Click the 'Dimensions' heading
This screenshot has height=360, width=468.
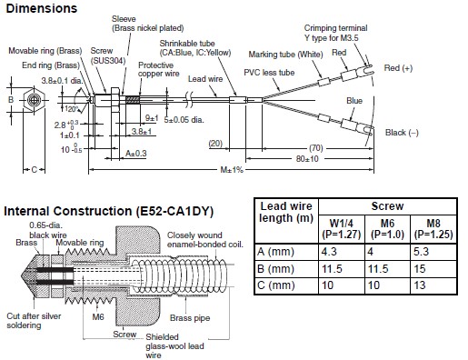[x=42, y=8]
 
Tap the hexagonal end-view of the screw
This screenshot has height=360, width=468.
[x=34, y=100]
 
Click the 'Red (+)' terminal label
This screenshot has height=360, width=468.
[x=398, y=68]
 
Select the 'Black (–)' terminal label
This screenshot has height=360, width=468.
[x=402, y=133]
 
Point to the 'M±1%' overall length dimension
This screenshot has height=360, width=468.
[x=232, y=170]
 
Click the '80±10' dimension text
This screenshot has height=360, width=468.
[x=307, y=159]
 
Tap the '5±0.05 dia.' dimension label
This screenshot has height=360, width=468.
[x=184, y=120]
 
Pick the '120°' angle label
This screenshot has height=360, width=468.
[x=72, y=109]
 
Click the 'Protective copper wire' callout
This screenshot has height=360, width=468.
[x=158, y=69]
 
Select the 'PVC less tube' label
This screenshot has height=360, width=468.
[x=269, y=73]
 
